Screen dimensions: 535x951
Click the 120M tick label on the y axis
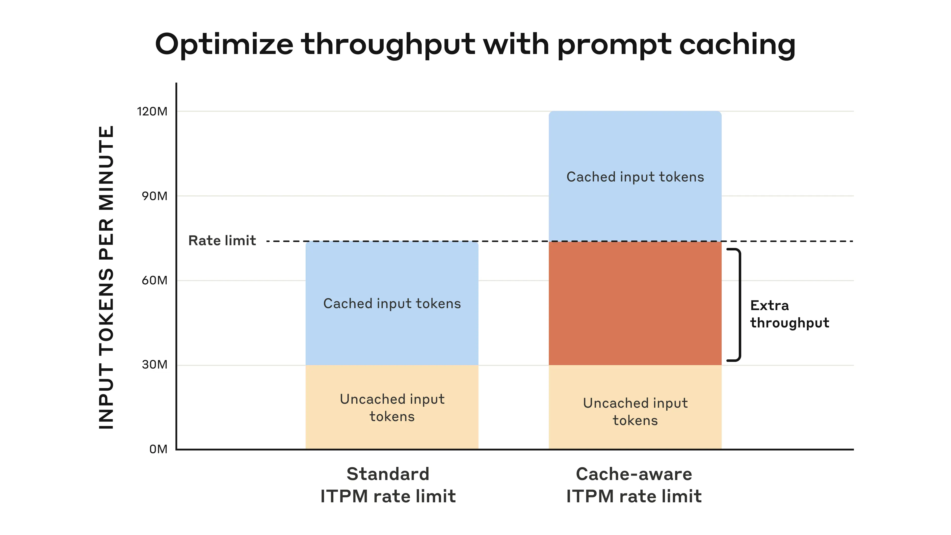[x=152, y=111]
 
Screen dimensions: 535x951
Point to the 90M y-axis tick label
[x=154, y=196]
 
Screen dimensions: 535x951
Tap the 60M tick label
[x=154, y=281]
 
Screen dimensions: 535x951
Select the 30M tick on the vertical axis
[x=154, y=365]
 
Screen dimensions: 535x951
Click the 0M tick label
[x=158, y=449]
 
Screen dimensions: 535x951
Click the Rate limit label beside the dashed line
[x=222, y=241]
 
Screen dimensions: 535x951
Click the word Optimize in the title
[x=224, y=45]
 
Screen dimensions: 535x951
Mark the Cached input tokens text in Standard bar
[x=392, y=303]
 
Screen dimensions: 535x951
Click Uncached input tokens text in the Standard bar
[x=392, y=408]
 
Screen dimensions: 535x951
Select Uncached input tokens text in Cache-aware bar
[x=635, y=412]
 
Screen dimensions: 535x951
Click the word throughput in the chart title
[x=388, y=45]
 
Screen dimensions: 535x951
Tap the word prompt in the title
[x=614, y=45]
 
